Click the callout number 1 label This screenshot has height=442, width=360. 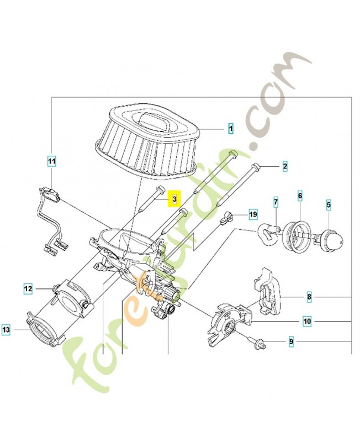pyautogui.click(x=230, y=129)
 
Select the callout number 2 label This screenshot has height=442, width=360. pyautogui.click(x=284, y=165)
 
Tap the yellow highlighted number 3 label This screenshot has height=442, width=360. pyautogui.click(x=174, y=198)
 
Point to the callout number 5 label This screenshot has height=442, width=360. pyautogui.click(x=329, y=206)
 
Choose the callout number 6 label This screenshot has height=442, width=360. pyautogui.click(x=300, y=196)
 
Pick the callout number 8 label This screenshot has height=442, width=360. pyautogui.click(x=309, y=297)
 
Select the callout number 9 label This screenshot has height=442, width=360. pyautogui.click(x=290, y=343)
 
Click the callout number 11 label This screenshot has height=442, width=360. pyautogui.click(x=51, y=162)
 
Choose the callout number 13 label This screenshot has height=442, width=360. pyautogui.click(x=6, y=330)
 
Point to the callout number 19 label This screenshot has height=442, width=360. pyautogui.click(x=253, y=213)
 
